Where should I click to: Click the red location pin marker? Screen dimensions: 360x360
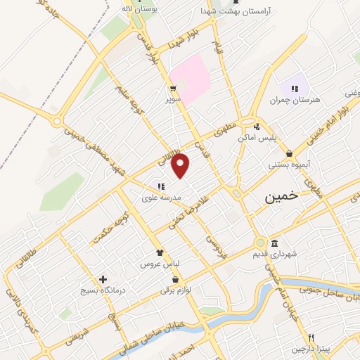[x=181, y=165]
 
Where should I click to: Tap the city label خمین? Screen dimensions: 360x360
[x=281, y=198]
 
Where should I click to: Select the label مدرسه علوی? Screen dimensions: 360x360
[x=162, y=198]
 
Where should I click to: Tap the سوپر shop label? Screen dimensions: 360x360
[x=173, y=100]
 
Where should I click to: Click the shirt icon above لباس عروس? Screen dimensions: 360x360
[x=160, y=252]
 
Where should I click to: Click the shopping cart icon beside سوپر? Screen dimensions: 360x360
[x=172, y=89]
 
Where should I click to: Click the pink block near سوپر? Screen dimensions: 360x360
[x=189, y=78]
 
